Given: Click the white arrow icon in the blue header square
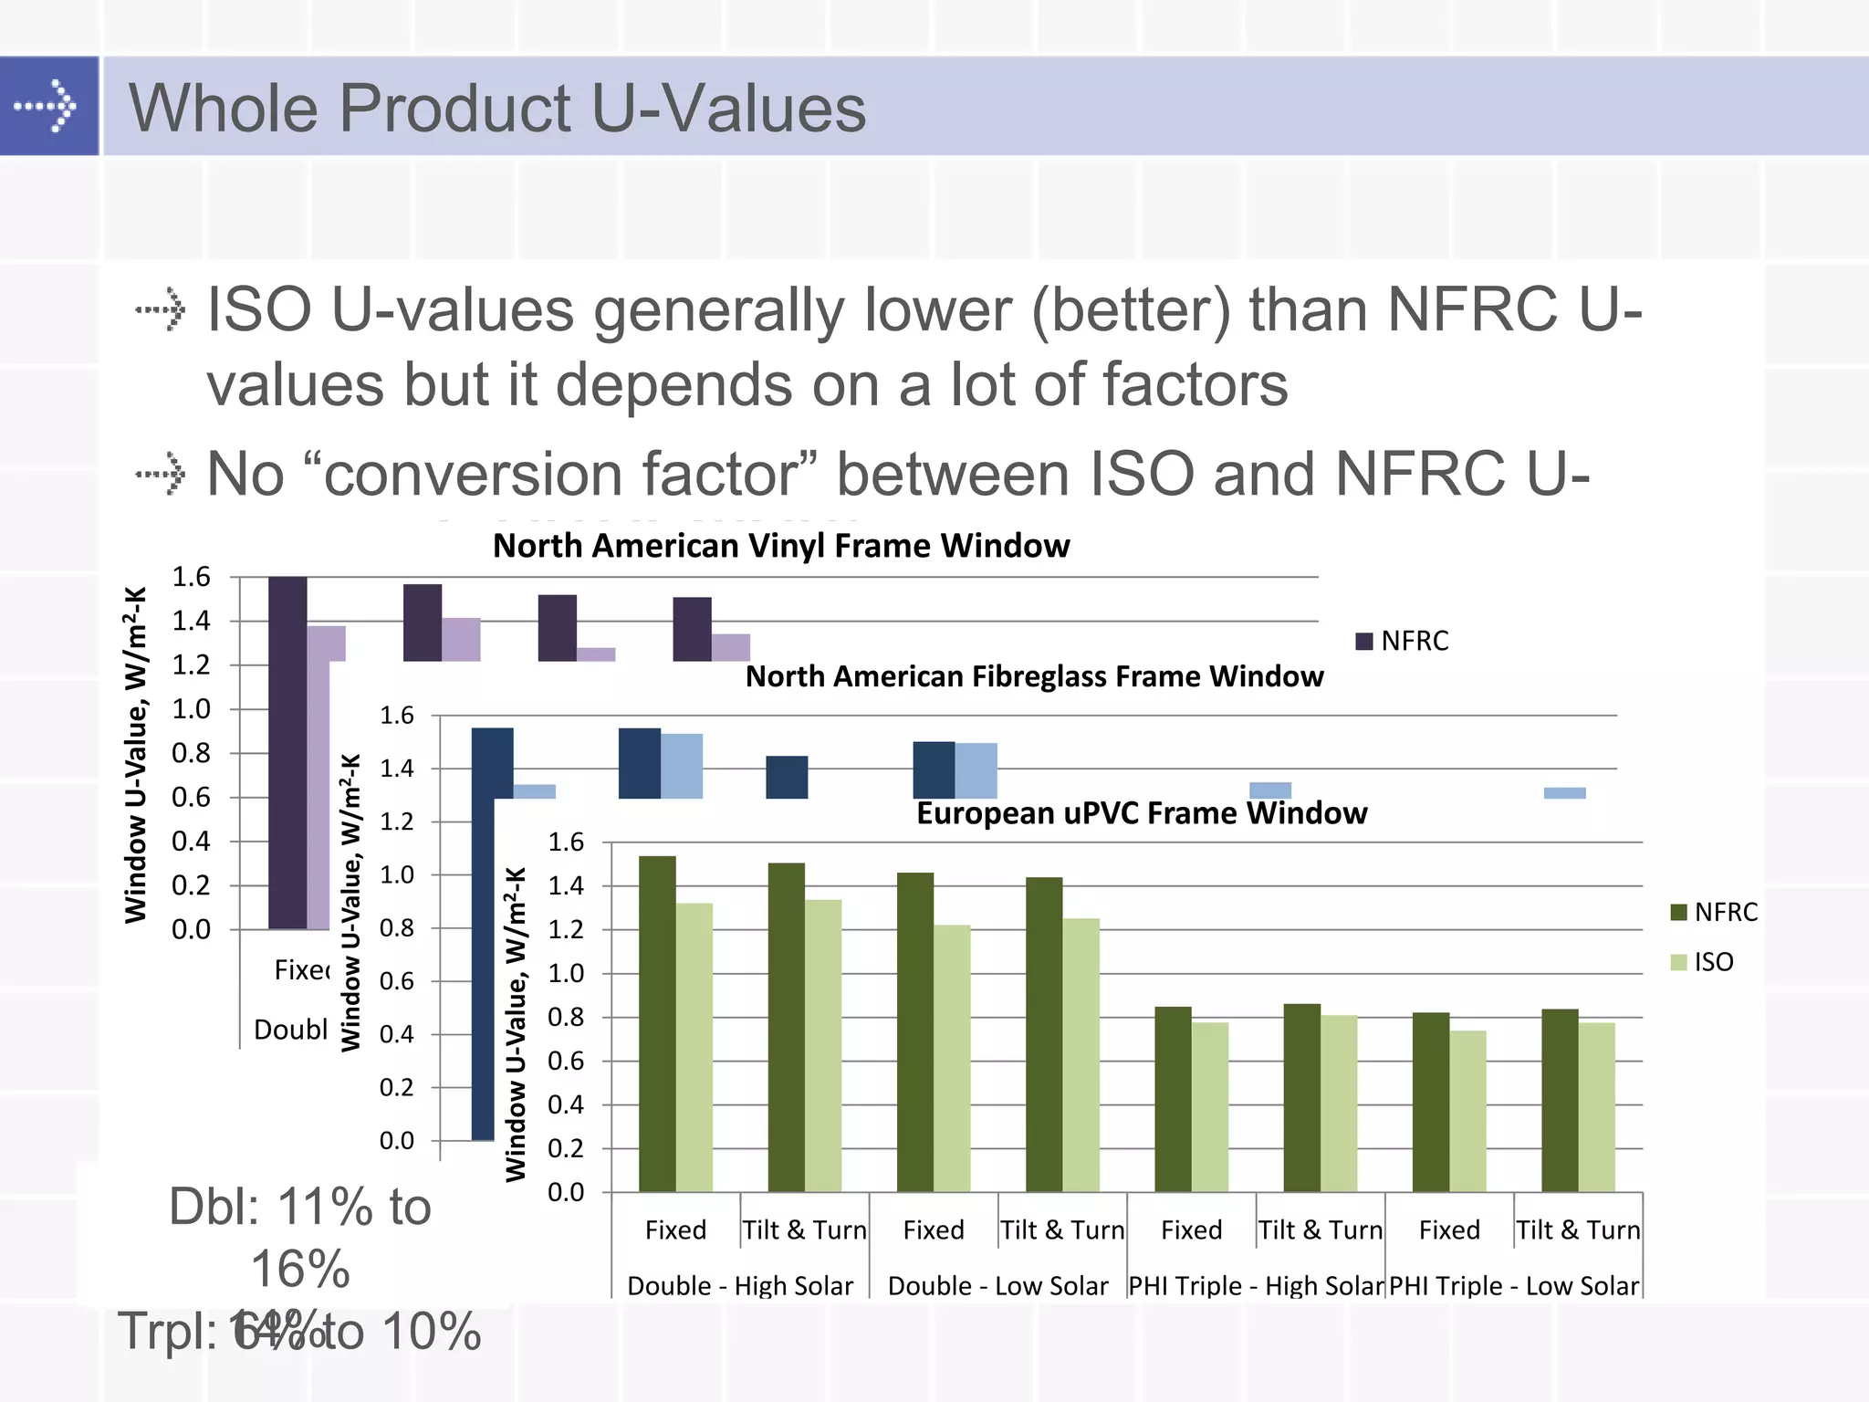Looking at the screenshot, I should (46, 107).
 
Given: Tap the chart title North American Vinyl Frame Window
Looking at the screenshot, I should (781, 546).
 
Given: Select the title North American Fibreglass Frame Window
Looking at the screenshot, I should (1034, 676).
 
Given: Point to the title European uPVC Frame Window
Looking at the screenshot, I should (1141, 812).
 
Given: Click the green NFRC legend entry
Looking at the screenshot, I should (1713, 912).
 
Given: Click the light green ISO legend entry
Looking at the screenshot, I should (1702, 962).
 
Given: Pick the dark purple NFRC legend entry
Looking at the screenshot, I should (1403, 641).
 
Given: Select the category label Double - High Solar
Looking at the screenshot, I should (740, 1285).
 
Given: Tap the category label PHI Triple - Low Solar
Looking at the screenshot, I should (1514, 1285).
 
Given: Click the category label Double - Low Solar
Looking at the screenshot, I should (997, 1285).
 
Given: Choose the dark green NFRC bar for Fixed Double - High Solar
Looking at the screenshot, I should (657, 1022).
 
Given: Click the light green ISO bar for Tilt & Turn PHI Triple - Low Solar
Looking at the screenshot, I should (1596, 1106).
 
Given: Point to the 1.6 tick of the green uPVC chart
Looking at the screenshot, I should (566, 842).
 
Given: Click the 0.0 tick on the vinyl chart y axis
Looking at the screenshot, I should (191, 929).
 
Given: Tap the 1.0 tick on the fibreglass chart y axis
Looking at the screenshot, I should (397, 874).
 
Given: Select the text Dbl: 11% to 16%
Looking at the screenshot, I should (300, 1237).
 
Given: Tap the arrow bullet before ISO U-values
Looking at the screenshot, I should (162, 309).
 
